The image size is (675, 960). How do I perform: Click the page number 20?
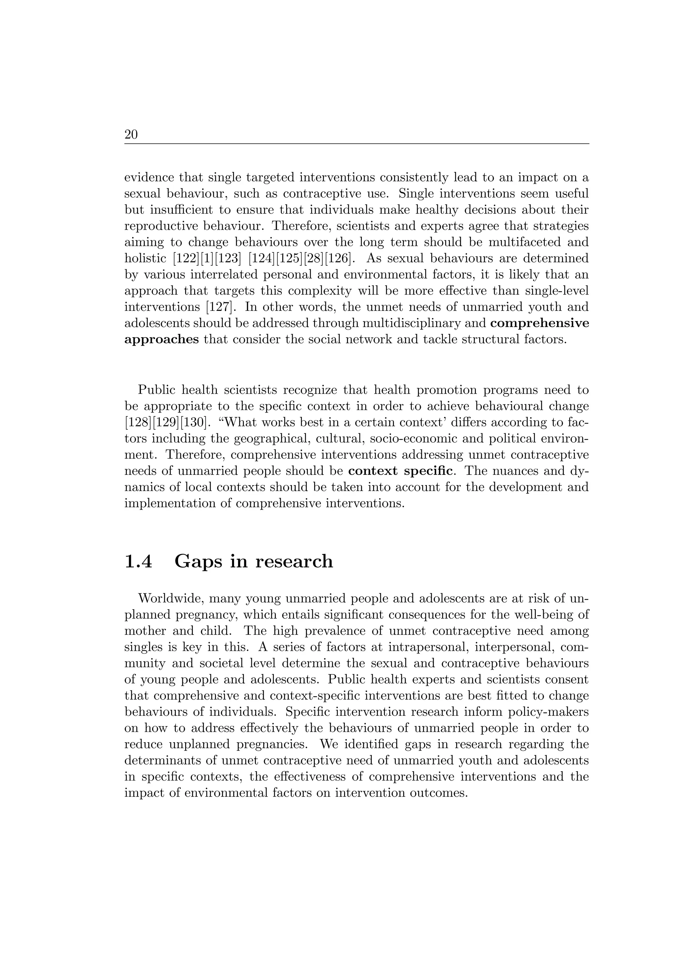click(x=131, y=135)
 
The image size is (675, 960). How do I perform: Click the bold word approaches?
click(x=161, y=340)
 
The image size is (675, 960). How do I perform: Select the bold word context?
click(x=372, y=471)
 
